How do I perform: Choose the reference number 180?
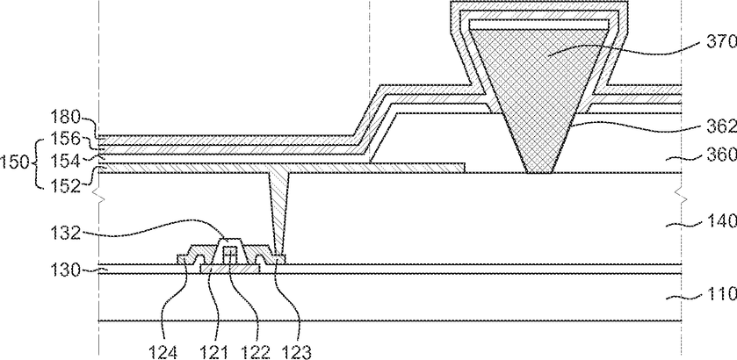point(66,118)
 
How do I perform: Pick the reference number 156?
point(66,140)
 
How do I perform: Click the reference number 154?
point(66,162)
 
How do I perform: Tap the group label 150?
point(15,163)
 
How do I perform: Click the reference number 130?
point(66,270)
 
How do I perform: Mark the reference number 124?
point(163,352)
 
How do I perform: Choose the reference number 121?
point(213,352)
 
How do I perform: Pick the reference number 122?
point(256,352)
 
